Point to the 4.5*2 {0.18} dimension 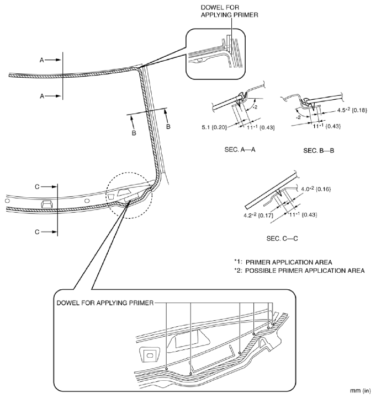tap(348, 111)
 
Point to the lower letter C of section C tap(37, 232)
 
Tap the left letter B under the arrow tap(133, 133)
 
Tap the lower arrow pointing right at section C tap(48, 232)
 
